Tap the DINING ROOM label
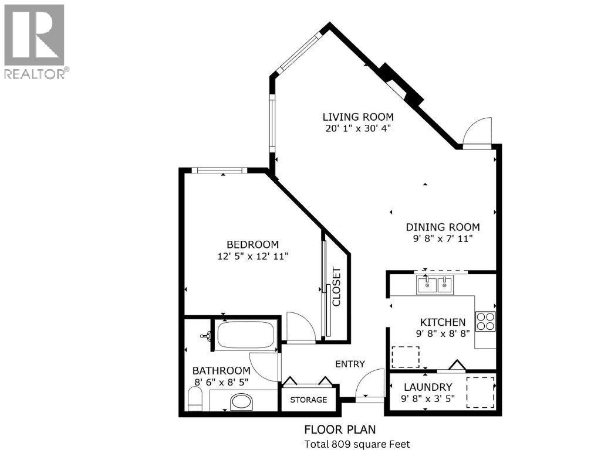443,227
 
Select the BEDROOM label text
253,244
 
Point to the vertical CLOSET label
337,287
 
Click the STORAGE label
309,400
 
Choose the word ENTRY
350,364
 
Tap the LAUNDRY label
428,387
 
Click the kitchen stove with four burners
485,322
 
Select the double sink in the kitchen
435,285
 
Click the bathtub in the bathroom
244,336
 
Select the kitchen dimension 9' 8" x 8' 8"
443,334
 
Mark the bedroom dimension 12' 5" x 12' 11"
253,256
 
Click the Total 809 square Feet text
356,444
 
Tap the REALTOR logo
35,41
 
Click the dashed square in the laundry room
480,393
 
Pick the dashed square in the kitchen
405,357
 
